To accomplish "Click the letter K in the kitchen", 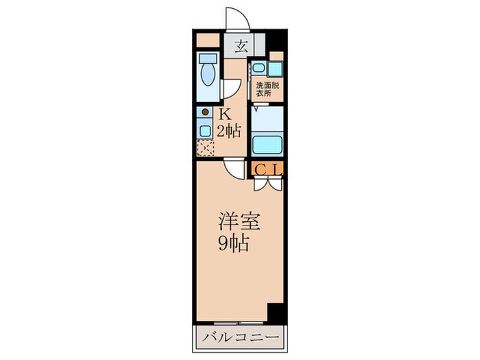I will point(224,115).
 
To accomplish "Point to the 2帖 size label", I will point(229,130).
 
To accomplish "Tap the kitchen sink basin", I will point(204,129).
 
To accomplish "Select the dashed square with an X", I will point(204,147).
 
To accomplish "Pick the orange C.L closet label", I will point(267,169).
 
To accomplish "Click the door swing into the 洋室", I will point(235,169).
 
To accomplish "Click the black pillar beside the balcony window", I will point(276,312).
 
